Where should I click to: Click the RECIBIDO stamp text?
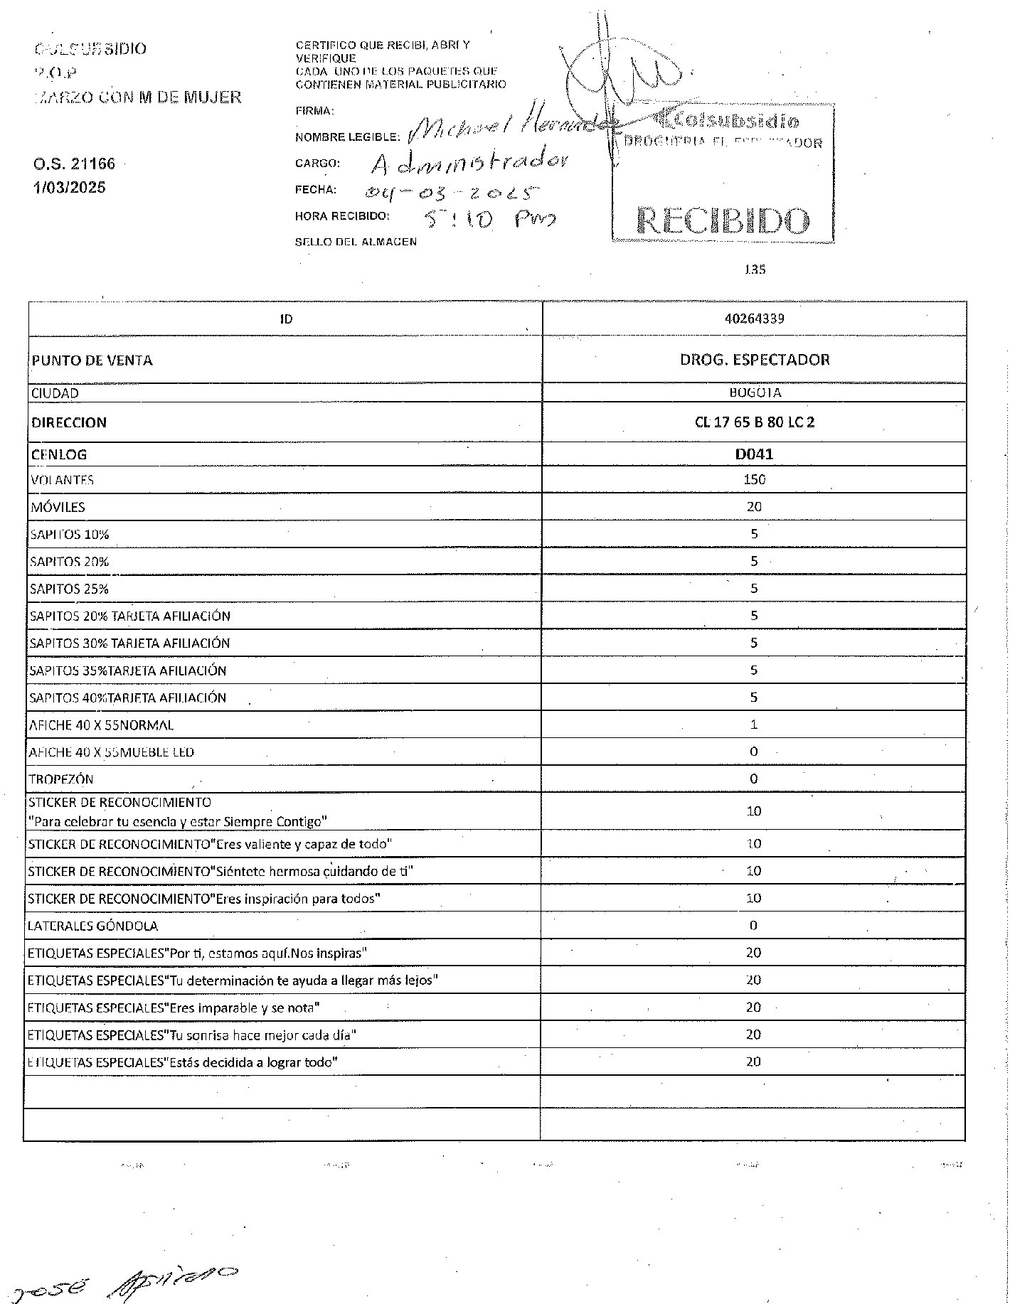723,221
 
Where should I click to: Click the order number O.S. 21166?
74,164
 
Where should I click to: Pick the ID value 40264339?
754,319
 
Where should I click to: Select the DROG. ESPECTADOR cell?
754,360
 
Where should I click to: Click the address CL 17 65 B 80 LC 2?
754,422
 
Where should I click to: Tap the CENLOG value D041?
754,454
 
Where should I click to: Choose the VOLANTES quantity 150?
754,480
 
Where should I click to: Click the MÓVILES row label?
58,508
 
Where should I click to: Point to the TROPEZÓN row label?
61,779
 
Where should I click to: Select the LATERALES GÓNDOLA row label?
92,926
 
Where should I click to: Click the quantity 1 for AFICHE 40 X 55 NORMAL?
754,725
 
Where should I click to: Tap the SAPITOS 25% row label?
69,589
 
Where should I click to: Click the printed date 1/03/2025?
69,188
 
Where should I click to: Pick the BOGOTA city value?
754,393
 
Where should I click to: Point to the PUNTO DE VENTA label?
92,360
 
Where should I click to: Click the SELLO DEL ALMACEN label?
356,242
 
